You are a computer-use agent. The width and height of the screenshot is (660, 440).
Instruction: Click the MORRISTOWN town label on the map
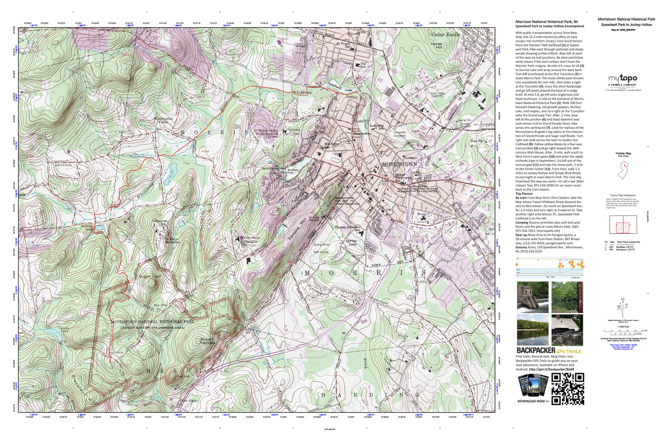(399, 164)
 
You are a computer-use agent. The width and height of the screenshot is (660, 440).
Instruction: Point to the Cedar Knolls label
(445, 34)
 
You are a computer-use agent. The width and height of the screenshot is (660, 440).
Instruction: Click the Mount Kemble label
(208, 341)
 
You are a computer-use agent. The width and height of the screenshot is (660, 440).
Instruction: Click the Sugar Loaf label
(150, 276)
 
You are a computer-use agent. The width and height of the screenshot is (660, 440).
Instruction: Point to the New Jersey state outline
(623, 171)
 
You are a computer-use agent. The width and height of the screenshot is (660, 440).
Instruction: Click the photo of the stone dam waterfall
(532, 297)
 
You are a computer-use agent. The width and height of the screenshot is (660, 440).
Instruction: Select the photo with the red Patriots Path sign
(567, 297)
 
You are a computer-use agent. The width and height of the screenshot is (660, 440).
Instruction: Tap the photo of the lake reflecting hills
(532, 330)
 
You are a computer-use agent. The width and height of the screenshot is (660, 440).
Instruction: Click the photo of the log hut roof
(567, 330)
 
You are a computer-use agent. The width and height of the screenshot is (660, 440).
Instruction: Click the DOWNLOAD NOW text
(533, 401)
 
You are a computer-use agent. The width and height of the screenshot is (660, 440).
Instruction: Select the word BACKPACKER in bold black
(535, 351)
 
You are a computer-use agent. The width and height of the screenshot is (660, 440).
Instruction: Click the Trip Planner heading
(524, 194)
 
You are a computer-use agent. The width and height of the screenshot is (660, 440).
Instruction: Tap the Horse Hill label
(436, 46)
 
